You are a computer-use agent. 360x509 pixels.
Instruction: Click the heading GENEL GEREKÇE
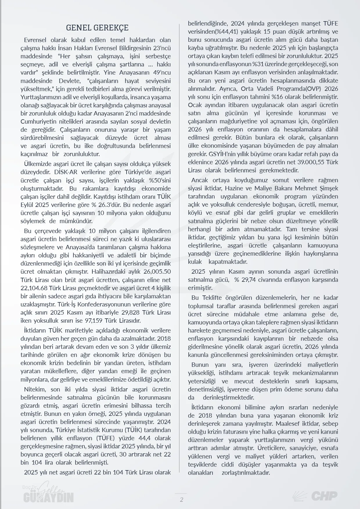click(97, 28)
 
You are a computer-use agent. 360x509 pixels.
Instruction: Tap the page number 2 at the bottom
click(181, 499)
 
